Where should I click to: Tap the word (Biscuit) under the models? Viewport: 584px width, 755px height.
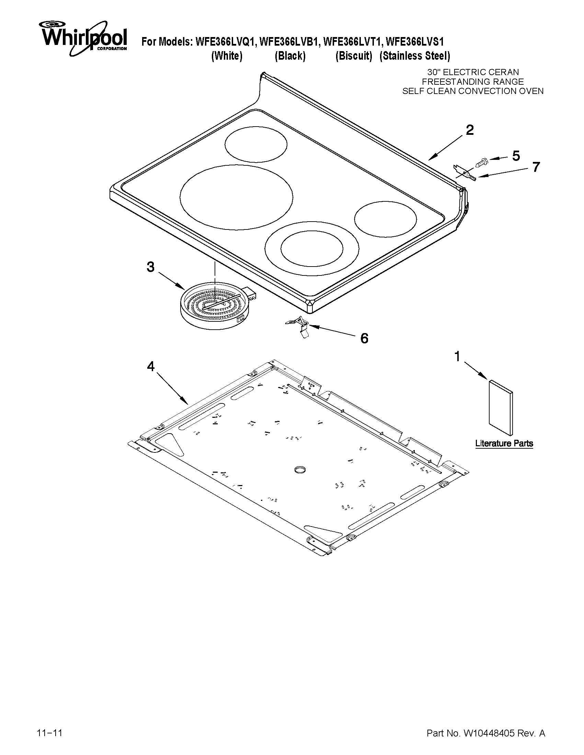coord(354,56)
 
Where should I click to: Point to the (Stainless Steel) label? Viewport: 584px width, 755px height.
coord(415,56)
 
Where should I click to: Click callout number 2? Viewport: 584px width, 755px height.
coord(469,130)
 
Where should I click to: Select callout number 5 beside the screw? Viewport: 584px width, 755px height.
coord(515,156)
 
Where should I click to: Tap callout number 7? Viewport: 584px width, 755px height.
coord(536,167)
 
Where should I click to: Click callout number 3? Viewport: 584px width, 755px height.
coord(150,267)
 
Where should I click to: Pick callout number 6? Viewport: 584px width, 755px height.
coord(364,339)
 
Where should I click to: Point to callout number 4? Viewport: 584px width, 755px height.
coord(150,366)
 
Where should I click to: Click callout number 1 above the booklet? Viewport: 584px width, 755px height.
coord(457,356)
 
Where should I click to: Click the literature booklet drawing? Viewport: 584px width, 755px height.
coord(500,407)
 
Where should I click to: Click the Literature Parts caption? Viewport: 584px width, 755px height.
coord(504,444)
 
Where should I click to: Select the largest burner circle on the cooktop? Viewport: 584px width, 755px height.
coord(236,197)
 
